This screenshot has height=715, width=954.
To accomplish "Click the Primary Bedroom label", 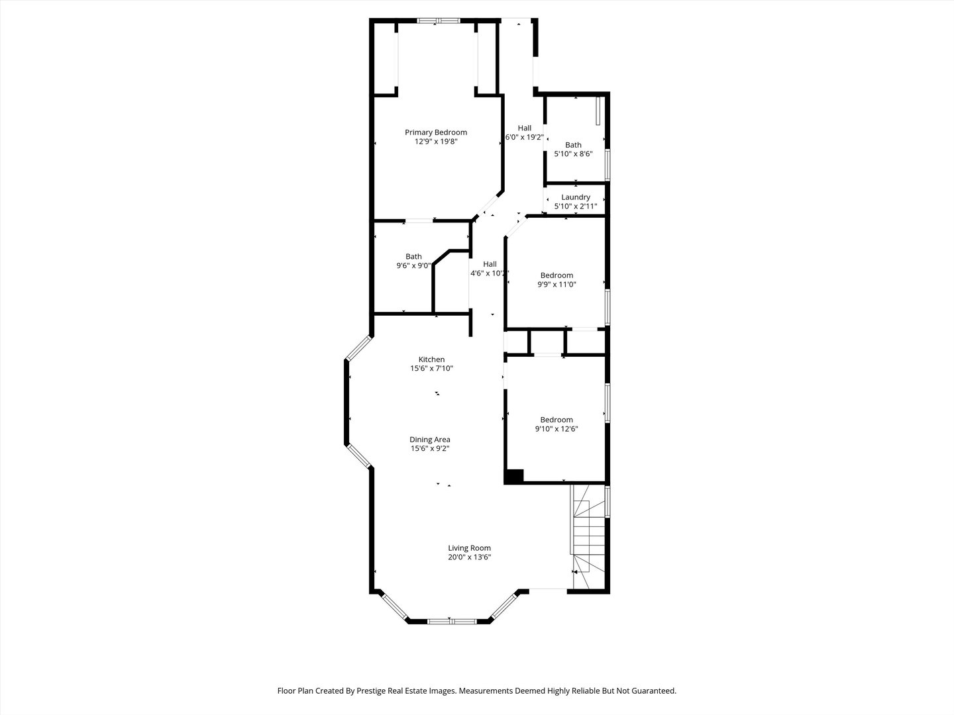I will pyautogui.click(x=436, y=132).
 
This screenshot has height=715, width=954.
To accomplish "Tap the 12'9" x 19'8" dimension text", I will pyautogui.click(x=436, y=142).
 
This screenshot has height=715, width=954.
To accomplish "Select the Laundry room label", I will pyautogui.click(x=576, y=197).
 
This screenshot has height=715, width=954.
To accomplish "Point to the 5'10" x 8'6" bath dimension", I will pyautogui.click(x=573, y=154).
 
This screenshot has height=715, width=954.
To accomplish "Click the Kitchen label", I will pyautogui.click(x=431, y=359).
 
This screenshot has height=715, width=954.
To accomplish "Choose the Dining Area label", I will pyautogui.click(x=430, y=440).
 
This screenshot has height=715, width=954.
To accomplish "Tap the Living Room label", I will pyautogui.click(x=469, y=548).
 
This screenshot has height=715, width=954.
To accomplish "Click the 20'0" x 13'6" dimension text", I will pyautogui.click(x=469, y=557).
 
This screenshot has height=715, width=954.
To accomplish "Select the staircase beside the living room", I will pyautogui.click(x=589, y=536).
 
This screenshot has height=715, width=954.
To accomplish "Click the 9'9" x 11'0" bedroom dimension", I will pyautogui.click(x=556, y=285).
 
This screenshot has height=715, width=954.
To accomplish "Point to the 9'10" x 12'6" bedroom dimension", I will pyautogui.click(x=556, y=429).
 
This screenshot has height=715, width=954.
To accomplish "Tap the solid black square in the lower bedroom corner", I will pyautogui.click(x=514, y=476).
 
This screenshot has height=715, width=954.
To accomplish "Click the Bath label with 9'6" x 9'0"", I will pyautogui.click(x=413, y=257).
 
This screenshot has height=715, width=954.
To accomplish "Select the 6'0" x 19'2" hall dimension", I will pyautogui.click(x=524, y=138).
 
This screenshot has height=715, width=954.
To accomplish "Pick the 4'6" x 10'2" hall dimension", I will pyautogui.click(x=490, y=273).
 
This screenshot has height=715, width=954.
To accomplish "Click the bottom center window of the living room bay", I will pyautogui.click(x=450, y=621).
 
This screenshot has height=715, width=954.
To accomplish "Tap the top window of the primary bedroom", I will pyautogui.click(x=438, y=21).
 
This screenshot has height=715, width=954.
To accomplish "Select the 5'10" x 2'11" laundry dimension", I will pyautogui.click(x=576, y=207).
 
